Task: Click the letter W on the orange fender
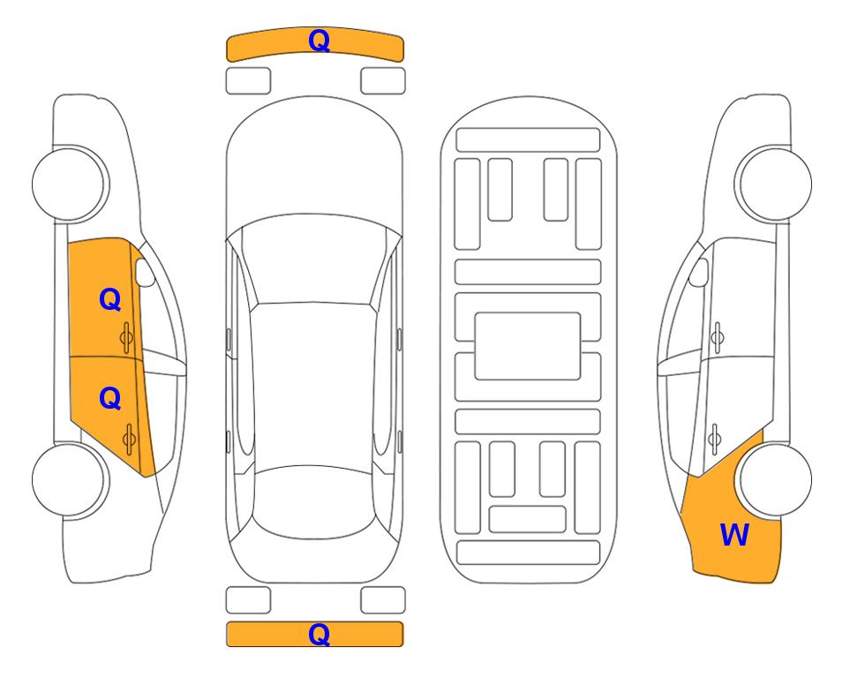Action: pos(734,535)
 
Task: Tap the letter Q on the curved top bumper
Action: pos(319,41)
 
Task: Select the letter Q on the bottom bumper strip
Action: pos(319,634)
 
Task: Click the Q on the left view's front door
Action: pos(110,299)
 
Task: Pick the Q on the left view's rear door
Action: pos(110,399)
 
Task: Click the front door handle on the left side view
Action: pos(126,337)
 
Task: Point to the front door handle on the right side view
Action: pos(718,337)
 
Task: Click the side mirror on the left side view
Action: pos(145,272)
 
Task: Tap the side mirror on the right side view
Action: pos(699,272)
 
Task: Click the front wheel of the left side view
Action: pos(71,184)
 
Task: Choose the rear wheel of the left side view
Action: pos(71,479)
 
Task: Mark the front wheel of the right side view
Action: pos(773,184)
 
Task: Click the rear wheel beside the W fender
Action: pos(773,479)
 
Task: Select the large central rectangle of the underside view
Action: pos(528,346)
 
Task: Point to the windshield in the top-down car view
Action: pos(314,260)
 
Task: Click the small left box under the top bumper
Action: pos(248,81)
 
